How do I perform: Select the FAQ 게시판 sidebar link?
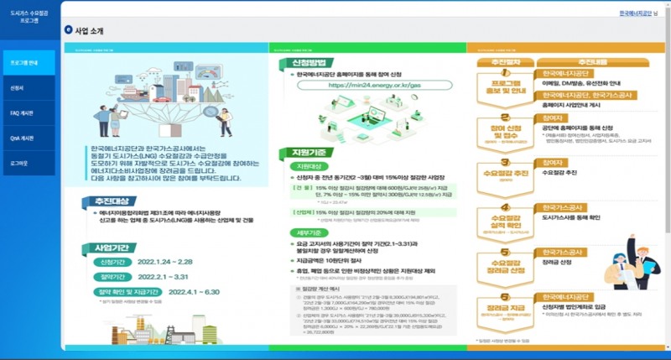22,112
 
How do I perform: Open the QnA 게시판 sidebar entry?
22,138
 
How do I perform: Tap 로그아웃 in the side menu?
20,163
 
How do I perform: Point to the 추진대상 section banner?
112,201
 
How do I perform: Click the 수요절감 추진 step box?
506,173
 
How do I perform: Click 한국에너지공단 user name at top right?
633,14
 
